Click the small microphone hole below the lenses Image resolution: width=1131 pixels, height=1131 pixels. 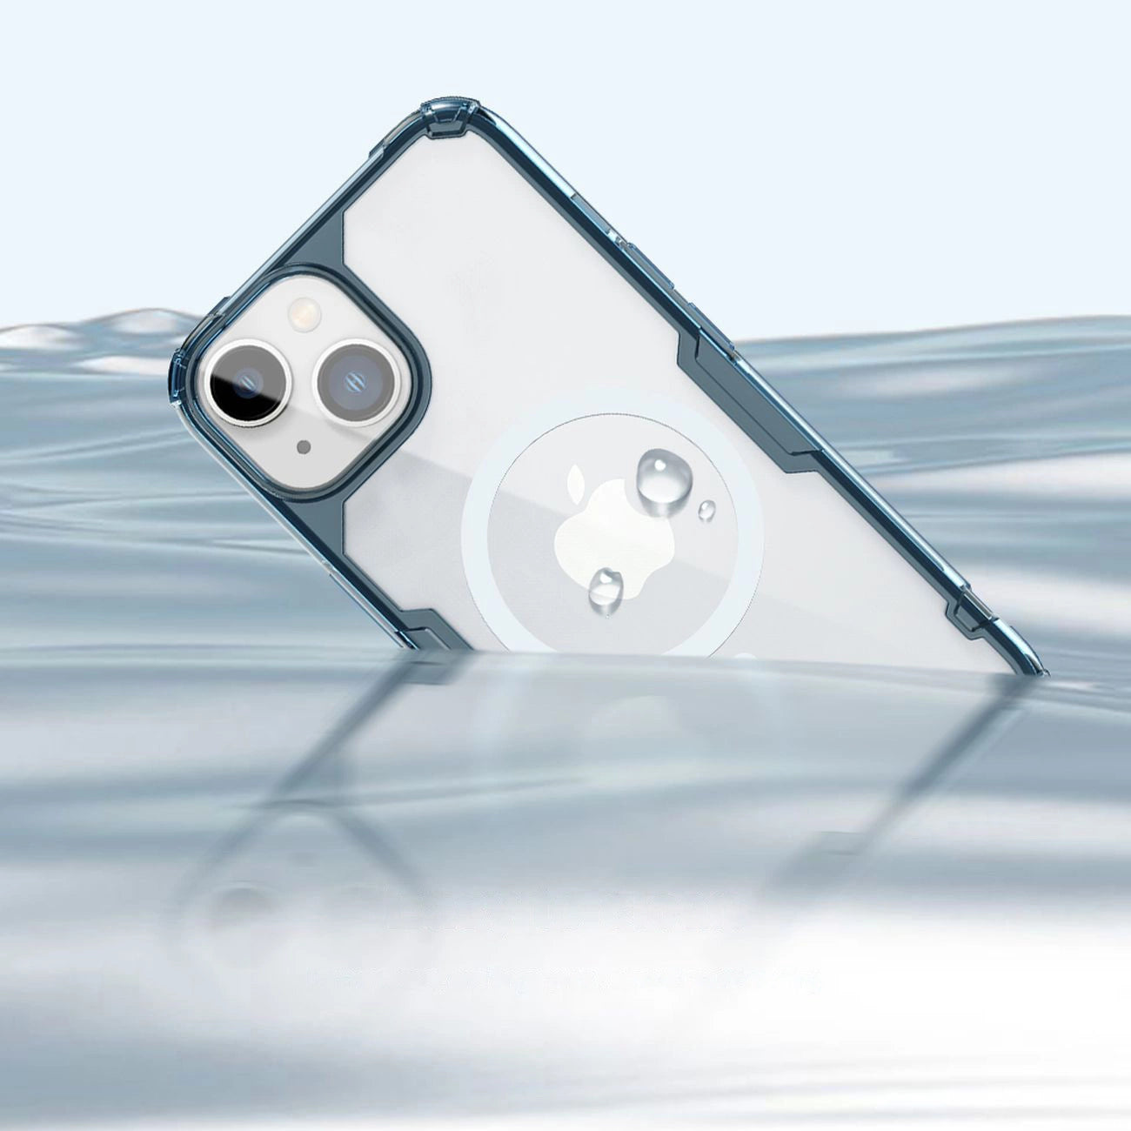pos(303,448)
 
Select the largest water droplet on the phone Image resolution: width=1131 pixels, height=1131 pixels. pos(659,478)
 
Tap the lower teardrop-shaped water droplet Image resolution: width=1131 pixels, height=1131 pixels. pos(606,589)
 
